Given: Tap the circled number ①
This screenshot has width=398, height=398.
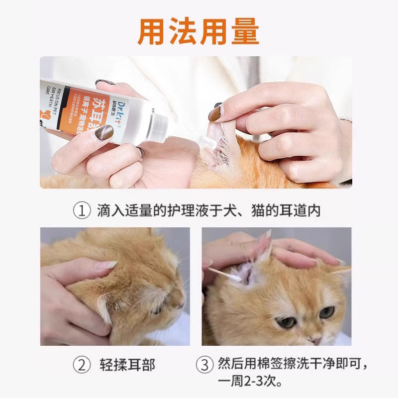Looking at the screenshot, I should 82,211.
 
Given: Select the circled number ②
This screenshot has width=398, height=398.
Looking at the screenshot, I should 82,365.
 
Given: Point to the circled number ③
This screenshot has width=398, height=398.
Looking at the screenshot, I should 204,365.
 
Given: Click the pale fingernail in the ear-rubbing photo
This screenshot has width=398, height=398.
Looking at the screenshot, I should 106,265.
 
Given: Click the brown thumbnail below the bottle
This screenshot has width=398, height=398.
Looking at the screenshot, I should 103,132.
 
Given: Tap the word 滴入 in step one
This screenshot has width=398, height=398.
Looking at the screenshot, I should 108,211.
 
